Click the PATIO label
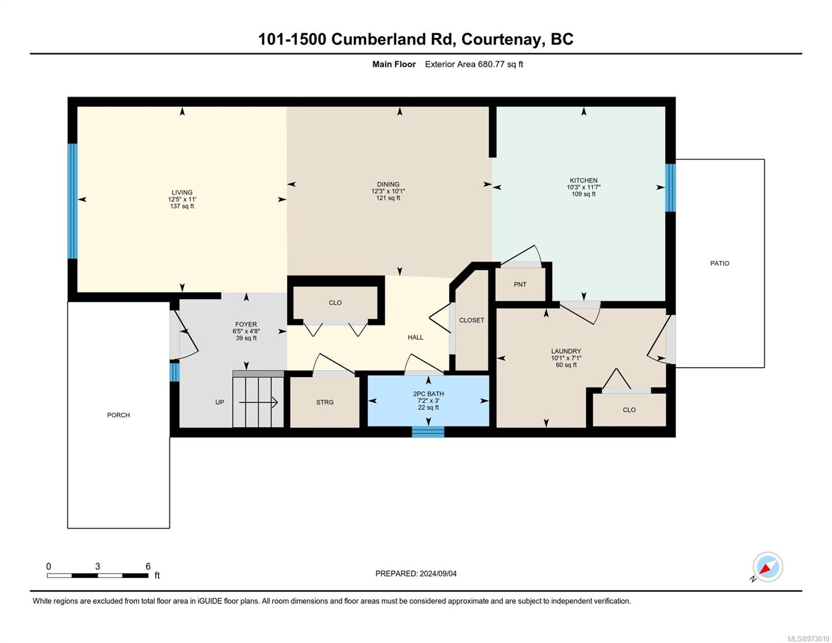click(x=719, y=263)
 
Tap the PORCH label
click(x=118, y=415)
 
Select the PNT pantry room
click(x=520, y=285)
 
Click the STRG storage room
click(x=325, y=402)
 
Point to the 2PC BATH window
click(x=428, y=431)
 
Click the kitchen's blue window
click(x=670, y=188)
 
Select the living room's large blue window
click(x=72, y=201)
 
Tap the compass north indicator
click(x=767, y=567)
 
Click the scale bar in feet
click(x=98, y=575)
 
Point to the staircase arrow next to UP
click(x=258, y=402)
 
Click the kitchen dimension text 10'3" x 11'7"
click(x=583, y=187)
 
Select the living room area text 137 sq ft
click(x=182, y=206)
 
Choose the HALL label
click(x=415, y=337)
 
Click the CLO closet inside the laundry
click(x=629, y=410)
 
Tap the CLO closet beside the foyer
click(x=335, y=303)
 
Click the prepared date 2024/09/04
click(x=438, y=573)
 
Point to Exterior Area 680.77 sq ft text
click(x=474, y=64)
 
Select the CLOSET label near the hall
click(x=471, y=320)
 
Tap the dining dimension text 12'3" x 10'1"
click(x=388, y=191)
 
